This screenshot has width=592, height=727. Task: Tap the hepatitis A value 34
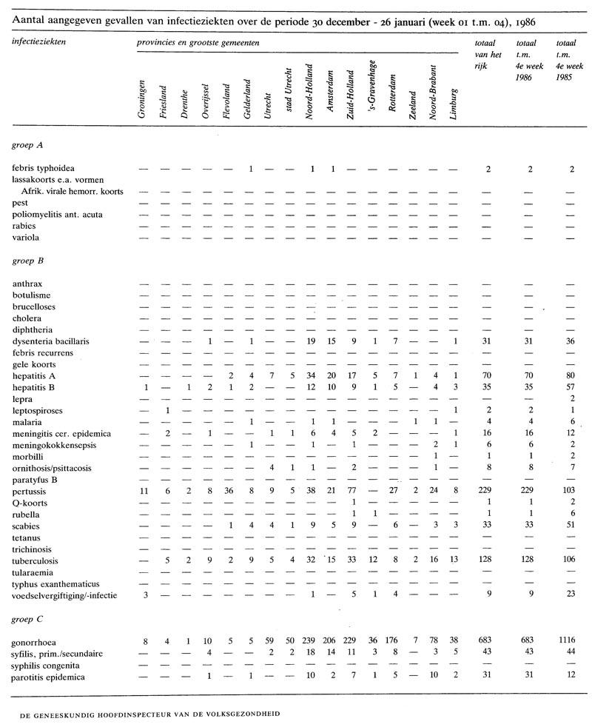[312, 377]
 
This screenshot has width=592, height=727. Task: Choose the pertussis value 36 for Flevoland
[229, 490]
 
